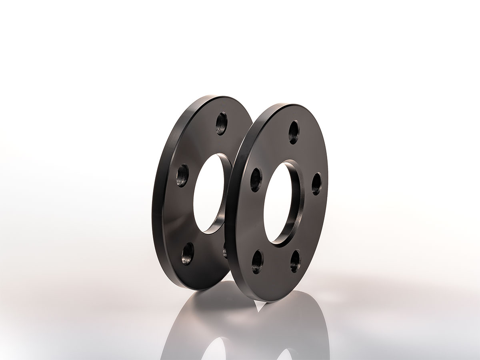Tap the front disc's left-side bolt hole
click(x=256, y=180)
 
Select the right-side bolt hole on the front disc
click(x=316, y=184)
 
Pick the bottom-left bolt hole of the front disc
click(x=258, y=262)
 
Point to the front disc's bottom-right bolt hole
click(x=295, y=261)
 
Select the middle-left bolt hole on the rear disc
click(x=182, y=176)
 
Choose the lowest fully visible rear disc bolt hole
click(x=187, y=252)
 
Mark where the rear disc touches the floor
click(x=200, y=289)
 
